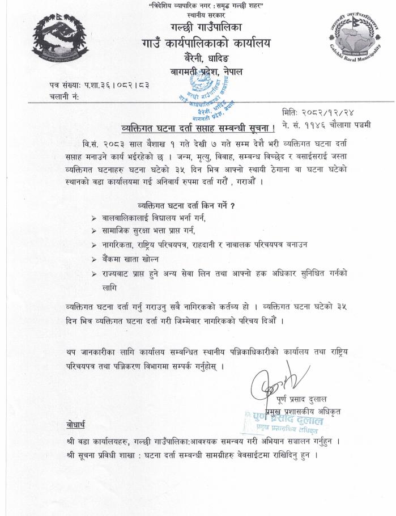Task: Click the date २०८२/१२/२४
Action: pos(327,113)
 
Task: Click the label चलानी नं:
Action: pos(64,97)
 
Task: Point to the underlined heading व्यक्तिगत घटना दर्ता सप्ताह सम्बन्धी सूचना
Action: pos(194,125)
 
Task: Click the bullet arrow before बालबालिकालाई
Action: pos(94,218)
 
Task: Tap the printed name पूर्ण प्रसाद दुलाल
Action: pos(303,400)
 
